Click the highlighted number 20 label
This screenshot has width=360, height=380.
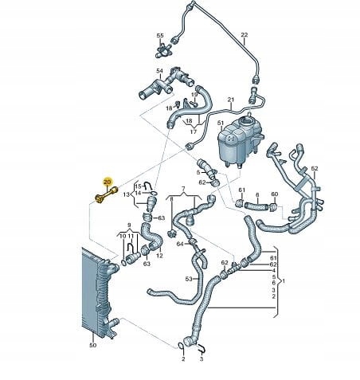[108, 182]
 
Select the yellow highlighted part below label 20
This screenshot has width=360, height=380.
[106, 195]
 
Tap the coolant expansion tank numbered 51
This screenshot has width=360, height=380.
[239, 141]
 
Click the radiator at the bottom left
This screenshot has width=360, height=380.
[100, 292]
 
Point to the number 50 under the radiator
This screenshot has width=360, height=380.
[92, 345]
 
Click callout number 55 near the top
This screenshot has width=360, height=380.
[160, 36]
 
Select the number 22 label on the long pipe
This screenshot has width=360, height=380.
[245, 34]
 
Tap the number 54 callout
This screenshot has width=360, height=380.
[159, 71]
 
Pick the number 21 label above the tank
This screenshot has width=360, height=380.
[231, 100]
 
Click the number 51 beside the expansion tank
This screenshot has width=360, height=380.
[221, 123]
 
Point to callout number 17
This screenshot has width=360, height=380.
[194, 131]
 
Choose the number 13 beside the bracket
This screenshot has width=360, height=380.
[127, 194]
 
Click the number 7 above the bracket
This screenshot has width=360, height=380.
[182, 189]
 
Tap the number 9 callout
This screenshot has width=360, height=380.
[129, 225]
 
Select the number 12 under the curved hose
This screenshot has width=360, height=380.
[159, 256]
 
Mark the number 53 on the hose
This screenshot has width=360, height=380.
[189, 279]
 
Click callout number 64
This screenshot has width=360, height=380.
[180, 244]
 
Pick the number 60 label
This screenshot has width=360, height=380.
[275, 194]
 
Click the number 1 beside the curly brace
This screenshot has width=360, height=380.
[284, 280]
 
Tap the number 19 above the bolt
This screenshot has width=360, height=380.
[194, 95]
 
